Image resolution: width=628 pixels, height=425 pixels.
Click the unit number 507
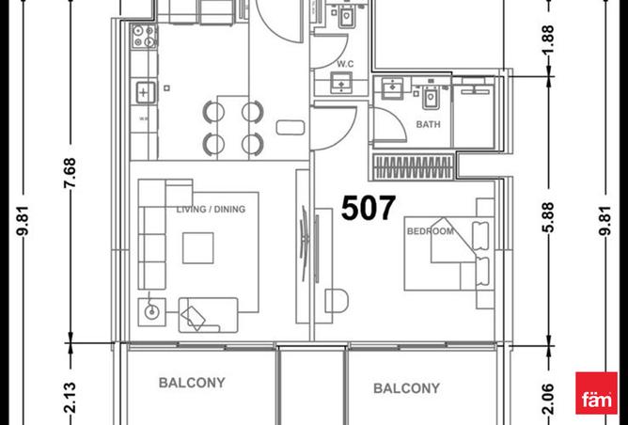[x=369, y=208]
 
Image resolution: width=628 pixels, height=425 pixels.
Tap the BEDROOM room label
[x=431, y=231]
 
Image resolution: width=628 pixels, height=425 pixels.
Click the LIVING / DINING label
[x=212, y=209]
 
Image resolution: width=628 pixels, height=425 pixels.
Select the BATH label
[x=428, y=124]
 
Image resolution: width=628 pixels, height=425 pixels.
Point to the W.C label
[x=345, y=64]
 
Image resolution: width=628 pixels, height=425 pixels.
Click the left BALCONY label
[x=192, y=383]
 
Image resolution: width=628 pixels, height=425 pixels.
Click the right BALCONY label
[x=406, y=388]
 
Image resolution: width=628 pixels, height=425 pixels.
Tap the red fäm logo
[x=596, y=393]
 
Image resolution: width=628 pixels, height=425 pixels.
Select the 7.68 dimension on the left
[x=71, y=173]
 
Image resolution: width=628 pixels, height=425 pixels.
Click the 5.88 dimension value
[x=548, y=217]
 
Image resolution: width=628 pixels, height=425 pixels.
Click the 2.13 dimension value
[x=71, y=398]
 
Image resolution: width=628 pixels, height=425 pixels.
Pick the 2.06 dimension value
[x=548, y=399]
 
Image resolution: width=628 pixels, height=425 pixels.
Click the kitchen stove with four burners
[x=144, y=36]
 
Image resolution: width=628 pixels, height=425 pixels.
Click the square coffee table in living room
[x=197, y=248]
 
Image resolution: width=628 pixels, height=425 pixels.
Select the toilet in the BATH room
[x=431, y=99]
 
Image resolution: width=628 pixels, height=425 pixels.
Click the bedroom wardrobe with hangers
[x=414, y=166]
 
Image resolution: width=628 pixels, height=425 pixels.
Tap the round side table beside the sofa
[x=151, y=311]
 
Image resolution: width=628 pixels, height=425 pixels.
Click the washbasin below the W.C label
[x=341, y=83]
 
